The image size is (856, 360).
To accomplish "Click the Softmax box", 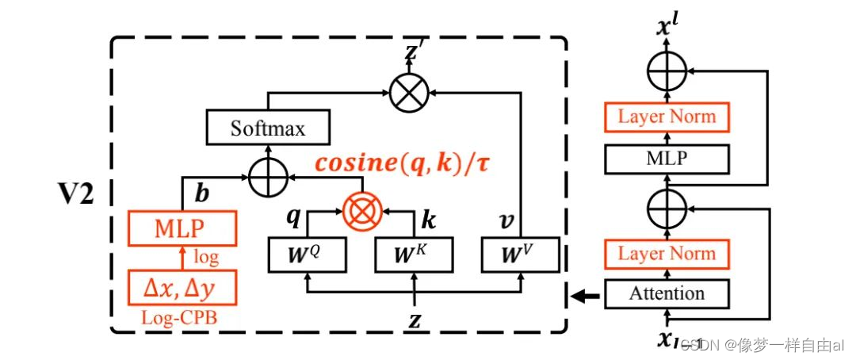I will pyautogui.click(x=267, y=127).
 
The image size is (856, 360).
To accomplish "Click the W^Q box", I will pyautogui.click(x=307, y=255).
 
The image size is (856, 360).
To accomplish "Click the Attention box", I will pyautogui.click(x=666, y=294).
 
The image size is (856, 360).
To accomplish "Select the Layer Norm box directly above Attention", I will pyautogui.click(x=666, y=254).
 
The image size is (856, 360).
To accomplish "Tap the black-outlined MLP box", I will pyautogui.click(x=666, y=159).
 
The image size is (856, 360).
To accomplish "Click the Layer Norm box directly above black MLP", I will pyautogui.click(x=666, y=117).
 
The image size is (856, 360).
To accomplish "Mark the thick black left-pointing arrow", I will pyautogui.click(x=582, y=297).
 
